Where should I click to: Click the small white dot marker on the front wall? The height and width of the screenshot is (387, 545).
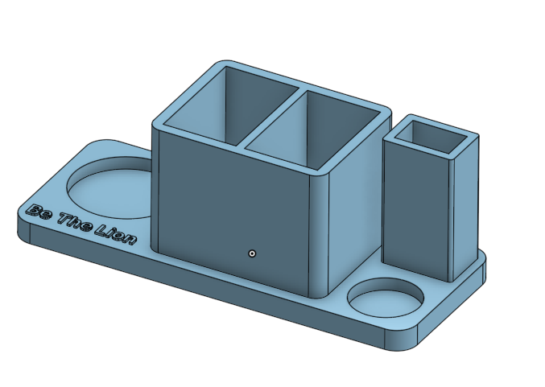[253, 253]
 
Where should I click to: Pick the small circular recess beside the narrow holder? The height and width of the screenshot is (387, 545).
[386, 298]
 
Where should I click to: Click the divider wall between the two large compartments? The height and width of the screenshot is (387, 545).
[270, 118]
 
